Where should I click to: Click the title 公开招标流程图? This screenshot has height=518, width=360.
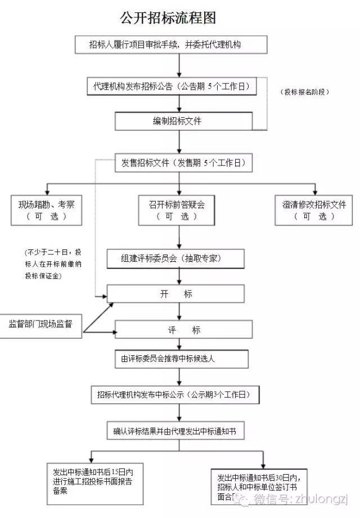168,18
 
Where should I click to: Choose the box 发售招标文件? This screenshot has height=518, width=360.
184,163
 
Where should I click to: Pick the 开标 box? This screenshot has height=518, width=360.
176,294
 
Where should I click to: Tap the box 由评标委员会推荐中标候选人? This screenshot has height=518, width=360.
181,359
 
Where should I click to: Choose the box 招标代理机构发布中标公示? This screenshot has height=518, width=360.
174,395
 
